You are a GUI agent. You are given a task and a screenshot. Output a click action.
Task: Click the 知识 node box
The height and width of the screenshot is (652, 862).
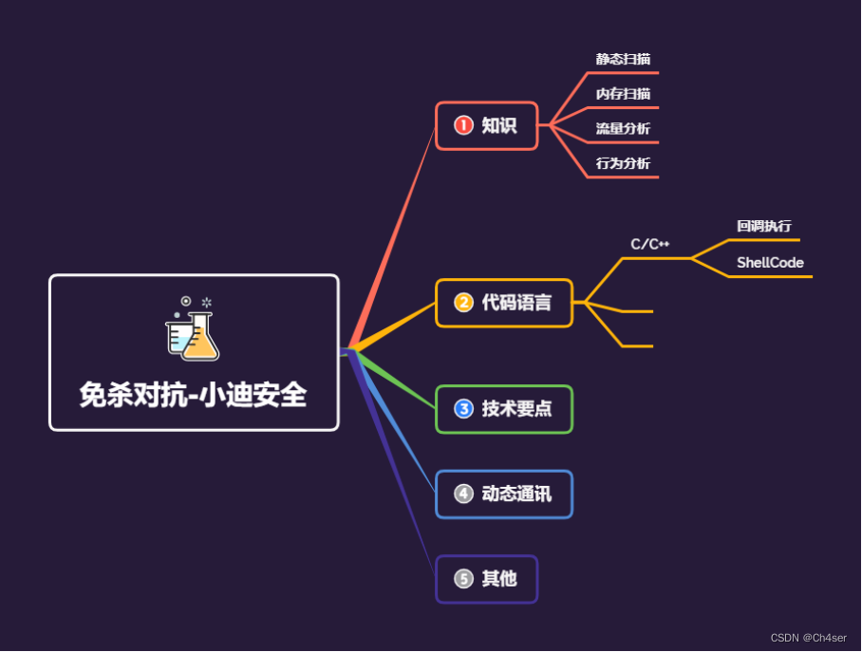pyautogui.click(x=487, y=125)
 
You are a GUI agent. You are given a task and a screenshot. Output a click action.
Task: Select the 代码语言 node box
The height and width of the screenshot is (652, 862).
pyautogui.click(x=504, y=303)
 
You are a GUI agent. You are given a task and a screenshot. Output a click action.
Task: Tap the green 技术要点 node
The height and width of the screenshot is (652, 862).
pyautogui.click(x=504, y=409)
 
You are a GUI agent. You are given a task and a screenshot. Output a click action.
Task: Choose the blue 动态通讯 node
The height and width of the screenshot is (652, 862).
pyautogui.click(x=504, y=494)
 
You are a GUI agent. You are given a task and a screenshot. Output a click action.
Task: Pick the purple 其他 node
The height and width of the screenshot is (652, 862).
pyautogui.click(x=487, y=578)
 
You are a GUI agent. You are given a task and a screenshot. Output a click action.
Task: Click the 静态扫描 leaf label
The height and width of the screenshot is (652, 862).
pyautogui.click(x=623, y=59)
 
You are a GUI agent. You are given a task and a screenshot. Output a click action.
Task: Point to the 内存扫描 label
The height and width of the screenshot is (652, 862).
pyautogui.click(x=623, y=94)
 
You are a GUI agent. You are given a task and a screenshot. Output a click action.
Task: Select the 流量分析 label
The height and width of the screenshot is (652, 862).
pyautogui.click(x=623, y=128)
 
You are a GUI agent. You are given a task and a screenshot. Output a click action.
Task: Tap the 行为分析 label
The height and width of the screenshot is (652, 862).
pyautogui.click(x=623, y=163)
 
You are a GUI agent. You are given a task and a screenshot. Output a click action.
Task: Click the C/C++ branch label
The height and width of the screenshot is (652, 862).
pyautogui.click(x=650, y=244)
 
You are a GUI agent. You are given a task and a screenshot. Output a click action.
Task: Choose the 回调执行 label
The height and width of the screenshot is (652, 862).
pyautogui.click(x=763, y=226)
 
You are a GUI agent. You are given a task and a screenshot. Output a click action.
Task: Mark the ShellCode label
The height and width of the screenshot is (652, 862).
pyautogui.click(x=770, y=263)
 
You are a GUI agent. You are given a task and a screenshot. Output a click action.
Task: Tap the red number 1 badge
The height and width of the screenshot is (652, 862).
pyautogui.click(x=463, y=125)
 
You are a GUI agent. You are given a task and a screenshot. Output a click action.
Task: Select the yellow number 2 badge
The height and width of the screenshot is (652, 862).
pyautogui.click(x=463, y=303)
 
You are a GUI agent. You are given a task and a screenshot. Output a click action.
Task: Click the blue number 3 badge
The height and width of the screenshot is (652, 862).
pyautogui.click(x=463, y=409)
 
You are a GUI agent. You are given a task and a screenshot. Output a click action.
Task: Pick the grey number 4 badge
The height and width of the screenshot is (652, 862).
pyautogui.click(x=463, y=494)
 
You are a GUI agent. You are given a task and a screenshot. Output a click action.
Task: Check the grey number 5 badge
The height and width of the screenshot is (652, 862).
pyautogui.click(x=463, y=578)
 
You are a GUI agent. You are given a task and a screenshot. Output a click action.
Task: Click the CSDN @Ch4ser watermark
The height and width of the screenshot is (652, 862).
pyautogui.click(x=808, y=638)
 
